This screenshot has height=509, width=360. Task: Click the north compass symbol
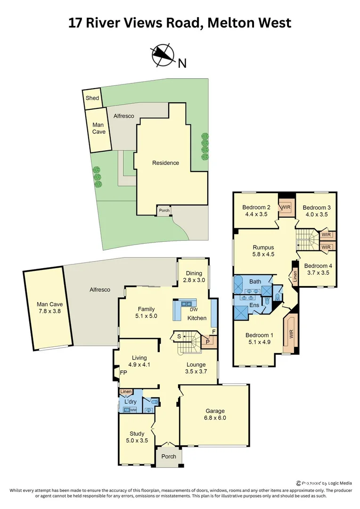162,55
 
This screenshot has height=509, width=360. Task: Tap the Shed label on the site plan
92,99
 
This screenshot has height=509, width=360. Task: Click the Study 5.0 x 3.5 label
137,437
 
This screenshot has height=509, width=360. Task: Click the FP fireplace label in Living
123,372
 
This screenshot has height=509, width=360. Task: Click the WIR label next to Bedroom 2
286,207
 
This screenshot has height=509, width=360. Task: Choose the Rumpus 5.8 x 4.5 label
263,250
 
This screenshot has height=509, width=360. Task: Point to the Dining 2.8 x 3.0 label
194,277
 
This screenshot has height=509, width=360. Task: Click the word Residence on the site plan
165,163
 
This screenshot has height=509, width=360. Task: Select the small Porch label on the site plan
164,211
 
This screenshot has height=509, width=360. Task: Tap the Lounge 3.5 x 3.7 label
196,368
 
